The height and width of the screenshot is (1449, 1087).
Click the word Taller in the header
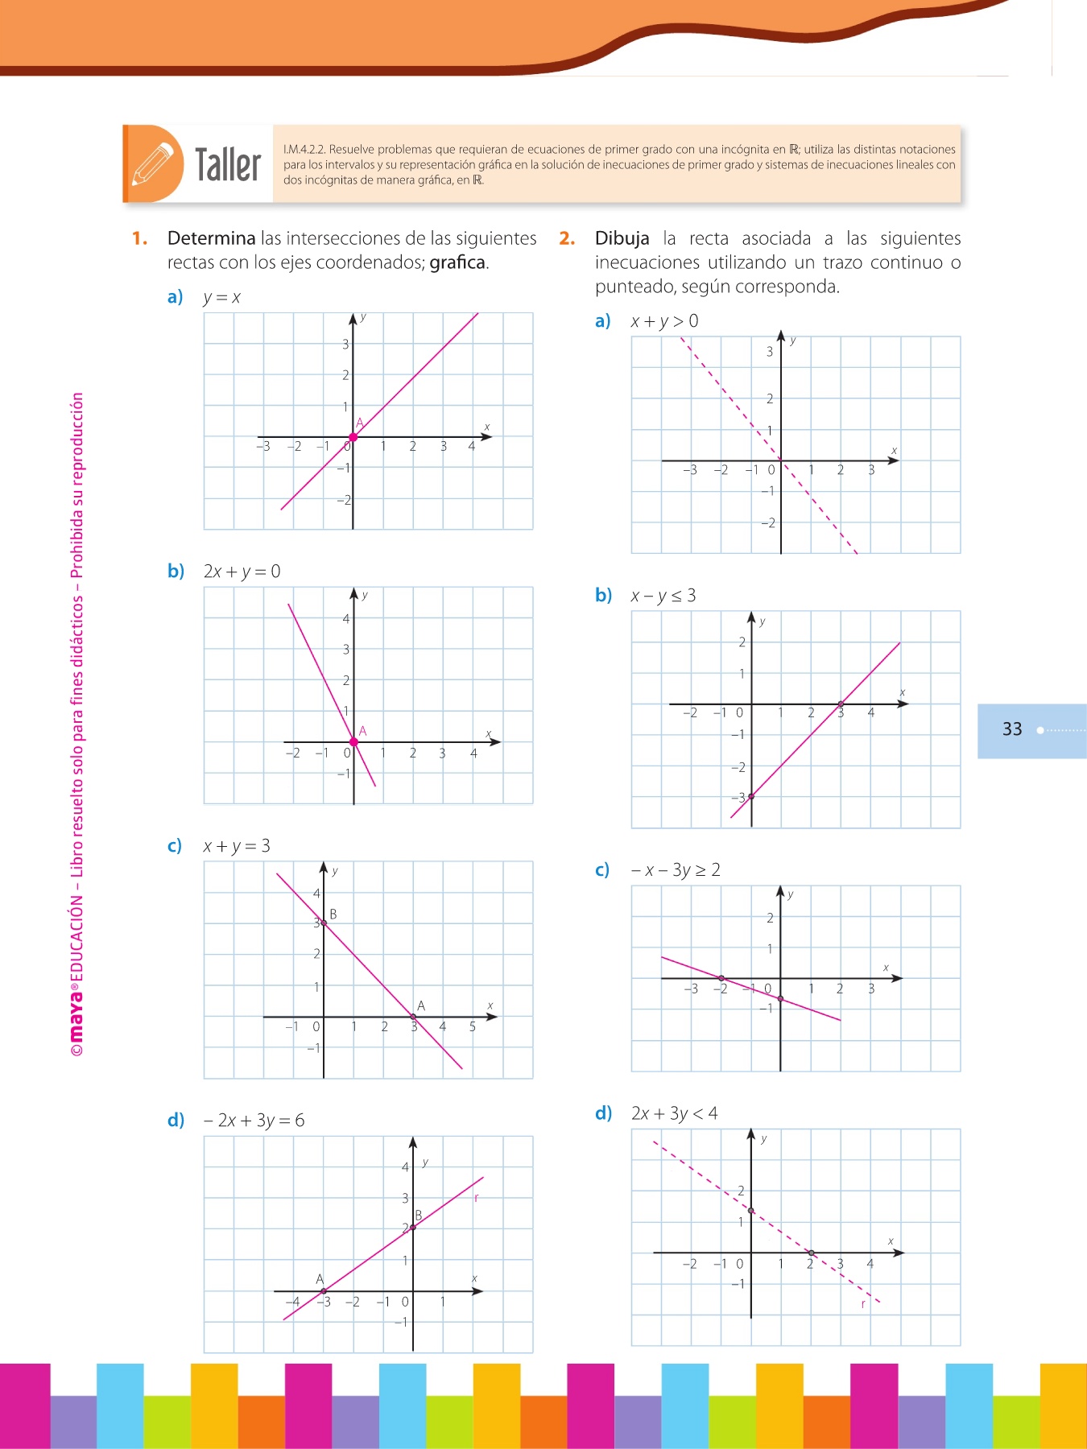click(228, 165)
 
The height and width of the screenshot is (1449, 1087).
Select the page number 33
click(1012, 729)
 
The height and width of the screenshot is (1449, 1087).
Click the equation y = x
click(221, 297)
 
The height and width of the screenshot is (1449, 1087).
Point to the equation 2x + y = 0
click(242, 572)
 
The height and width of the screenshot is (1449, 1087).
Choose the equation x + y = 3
click(237, 846)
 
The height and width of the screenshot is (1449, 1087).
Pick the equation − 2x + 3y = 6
click(254, 1121)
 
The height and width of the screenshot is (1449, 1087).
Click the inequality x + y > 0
click(664, 321)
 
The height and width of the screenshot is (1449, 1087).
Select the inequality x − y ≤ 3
click(663, 596)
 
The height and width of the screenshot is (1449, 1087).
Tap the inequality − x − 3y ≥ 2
click(676, 870)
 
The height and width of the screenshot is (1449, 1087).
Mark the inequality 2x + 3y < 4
click(675, 1113)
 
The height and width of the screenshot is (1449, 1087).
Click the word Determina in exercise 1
click(211, 238)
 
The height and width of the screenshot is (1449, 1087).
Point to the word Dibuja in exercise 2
click(622, 238)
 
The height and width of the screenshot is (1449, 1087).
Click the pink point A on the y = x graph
click(353, 437)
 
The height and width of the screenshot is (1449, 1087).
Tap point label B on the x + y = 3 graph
click(333, 914)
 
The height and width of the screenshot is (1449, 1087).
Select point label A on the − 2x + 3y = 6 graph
click(320, 1279)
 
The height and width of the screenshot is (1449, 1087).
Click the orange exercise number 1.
click(139, 238)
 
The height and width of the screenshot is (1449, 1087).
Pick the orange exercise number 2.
click(567, 238)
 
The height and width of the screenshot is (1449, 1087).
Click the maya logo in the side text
click(76, 1020)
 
